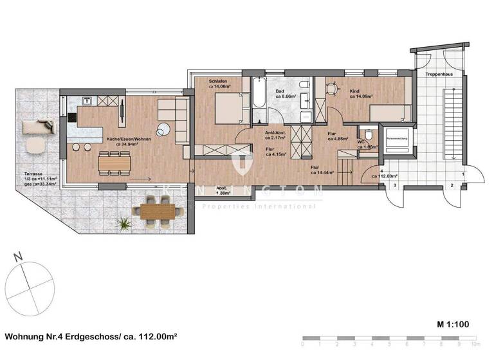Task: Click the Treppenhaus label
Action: tap(438, 75)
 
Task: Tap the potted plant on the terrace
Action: tap(123, 224)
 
